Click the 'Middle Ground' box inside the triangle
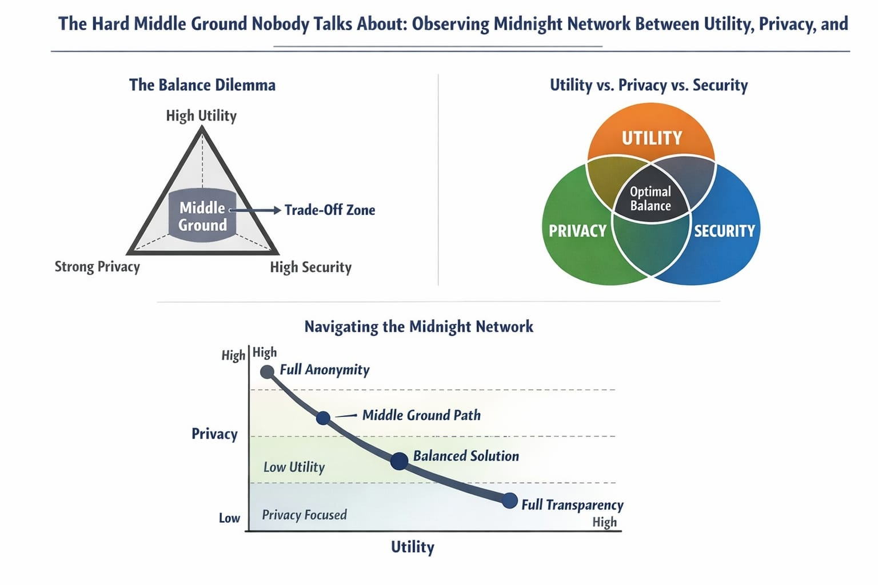pyautogui.click(x=202, y=216)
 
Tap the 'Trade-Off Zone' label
pyautogui.click(x=330, y=210)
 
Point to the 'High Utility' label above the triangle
pyautogui.click(x=201, y=116)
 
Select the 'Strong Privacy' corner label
pyautogui.click(x=97, y=267)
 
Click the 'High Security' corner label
pyautogui.click(x=310, y=267)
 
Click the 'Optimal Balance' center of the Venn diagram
pyautogui.click(x=650, y=199)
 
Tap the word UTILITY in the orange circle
pyautogui.click(x=652, y=138)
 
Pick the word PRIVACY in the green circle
pyautogui.click(x=577, y=231)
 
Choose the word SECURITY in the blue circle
pyautogui.click(x=724, y=231)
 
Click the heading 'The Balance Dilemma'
pyautogui.click(x=202, y=85)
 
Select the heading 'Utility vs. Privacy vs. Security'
pyautogui.click(x=649, y=85)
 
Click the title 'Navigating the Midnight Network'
pyautogui.click(x=418, y=327)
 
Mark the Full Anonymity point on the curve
pyautogui.click(x=267, y=372)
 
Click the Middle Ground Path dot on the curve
pyautogui.click(x=323, y=418)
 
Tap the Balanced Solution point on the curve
pyautogui.click(x=399, y=460)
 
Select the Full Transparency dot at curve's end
pyautogui.click(x=509, y=500)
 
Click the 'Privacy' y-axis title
pyautogui.click(x=214, y=434)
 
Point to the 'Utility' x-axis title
pyautogui.click(x=412, y=547)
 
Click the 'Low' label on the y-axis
pyautogui.click(x=229, y=518)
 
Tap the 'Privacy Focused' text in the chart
pyautogui.click(x=304, y=515)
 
